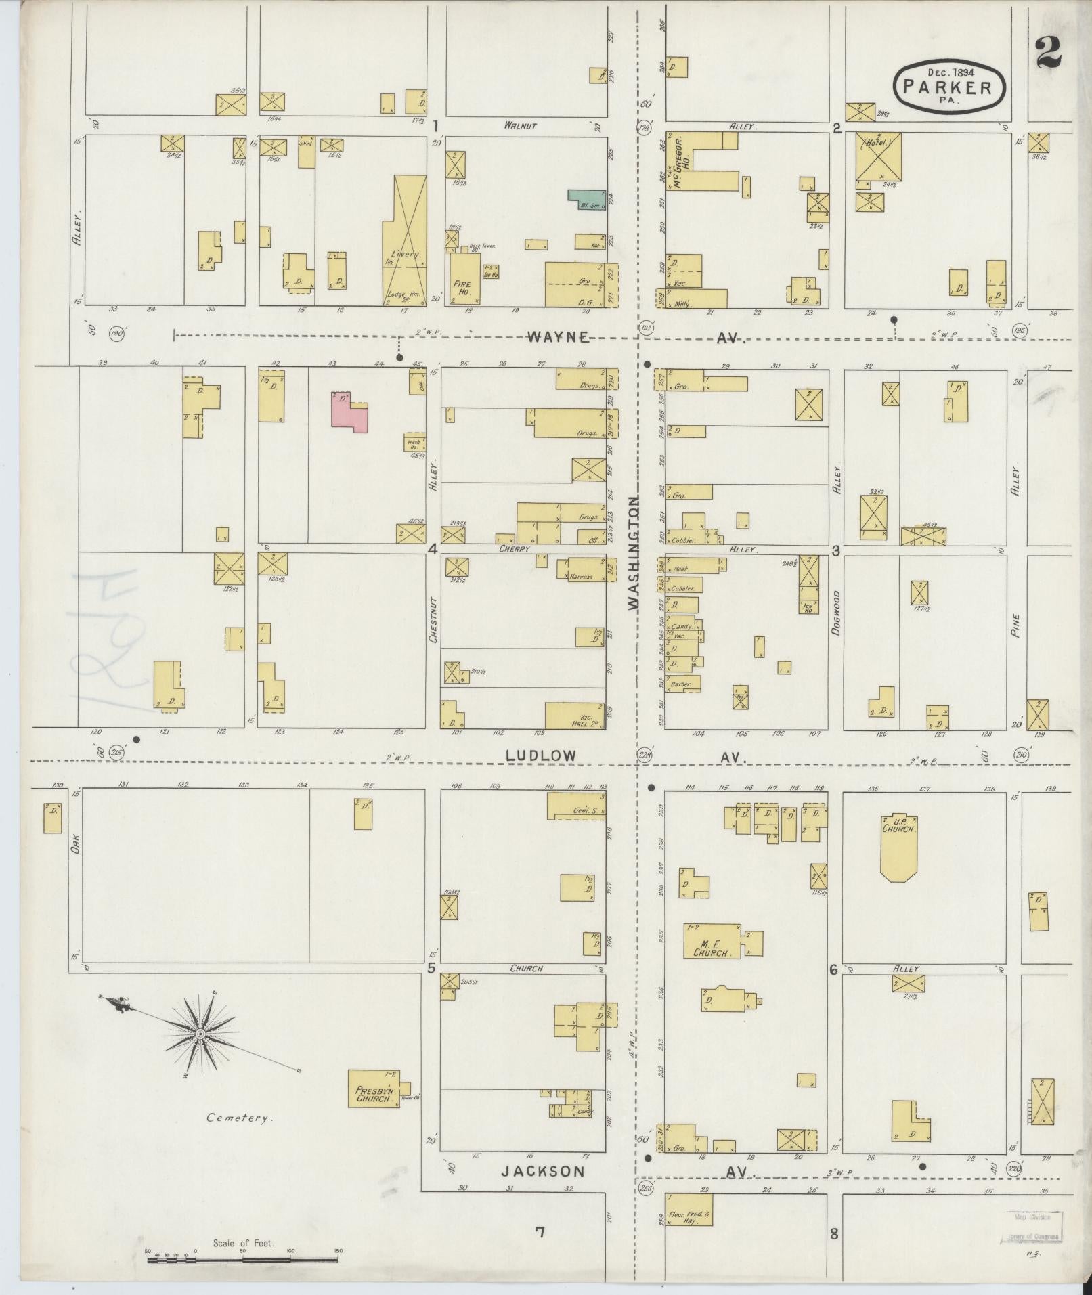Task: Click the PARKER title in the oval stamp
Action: pyautogui.click(x=950, y=88)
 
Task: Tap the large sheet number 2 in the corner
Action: pyautogui.click(x=1048, y=51)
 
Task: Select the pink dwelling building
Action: pyautogui.click(x=350, y=410)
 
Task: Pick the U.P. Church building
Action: pyautogui.click(x=898, y=846)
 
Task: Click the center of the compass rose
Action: pyautogui.click(x=200, y=1035)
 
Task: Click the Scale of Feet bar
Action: pyautogui.click(x=242, y=1260)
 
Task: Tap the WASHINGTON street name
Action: pyautogui.click(x=634, y=553)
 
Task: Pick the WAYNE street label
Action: pyautogui.click(x=559, y=337)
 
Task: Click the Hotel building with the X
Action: pyautogui.click(x=879, y=157)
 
